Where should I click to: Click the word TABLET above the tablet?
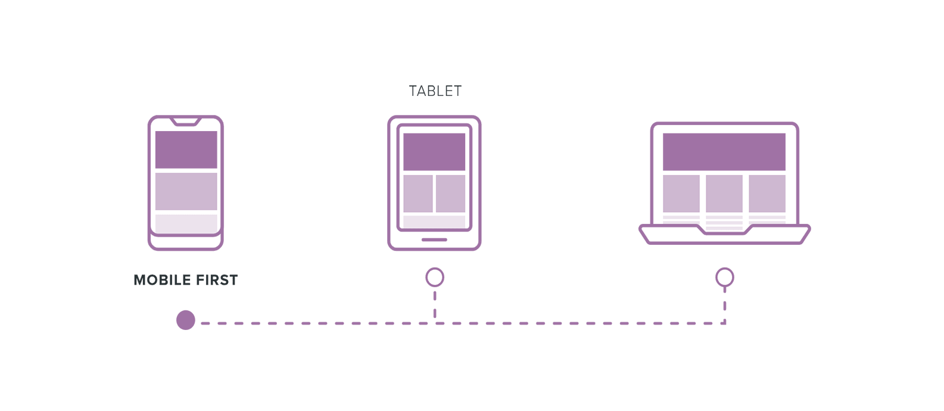pos(435,91)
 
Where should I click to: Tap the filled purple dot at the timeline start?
pos(186,320)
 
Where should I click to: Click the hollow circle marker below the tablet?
pos(435,278)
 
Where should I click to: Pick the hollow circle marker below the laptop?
pos(724,278)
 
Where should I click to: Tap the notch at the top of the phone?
pos(185,122)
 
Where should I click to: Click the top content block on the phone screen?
pos(186,150)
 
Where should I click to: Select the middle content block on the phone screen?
pos(186,191)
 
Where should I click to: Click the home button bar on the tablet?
pos(434,240)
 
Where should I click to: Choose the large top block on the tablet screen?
pos(434,152)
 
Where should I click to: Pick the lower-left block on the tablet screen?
pos(418,193)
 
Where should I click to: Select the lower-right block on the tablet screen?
pos(450,193)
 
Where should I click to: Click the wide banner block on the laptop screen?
pos(724,152)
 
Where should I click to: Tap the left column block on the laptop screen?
pos(681,193)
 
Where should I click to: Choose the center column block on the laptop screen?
pos(724,193)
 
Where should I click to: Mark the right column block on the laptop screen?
pos(767,193)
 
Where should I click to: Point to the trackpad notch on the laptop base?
pos(724,231)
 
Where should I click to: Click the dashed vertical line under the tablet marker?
pos(435,305)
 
